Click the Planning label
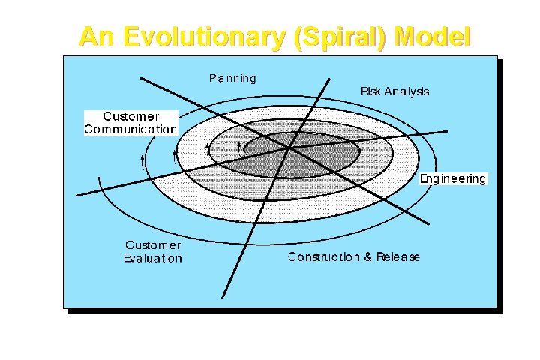point(232,78)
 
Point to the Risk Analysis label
point(394,91)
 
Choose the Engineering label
point(453,179)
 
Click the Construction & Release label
point(354,257)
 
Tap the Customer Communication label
point(130,123)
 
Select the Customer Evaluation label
point(153,251)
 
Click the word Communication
point(130,129)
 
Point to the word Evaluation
point(153,258)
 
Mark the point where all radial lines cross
point(289,148)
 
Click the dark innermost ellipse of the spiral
point(307,155)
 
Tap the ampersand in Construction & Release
point(367,257)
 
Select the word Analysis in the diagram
point(407,91)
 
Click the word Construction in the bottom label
point(324,257)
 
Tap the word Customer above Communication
point(130,116)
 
